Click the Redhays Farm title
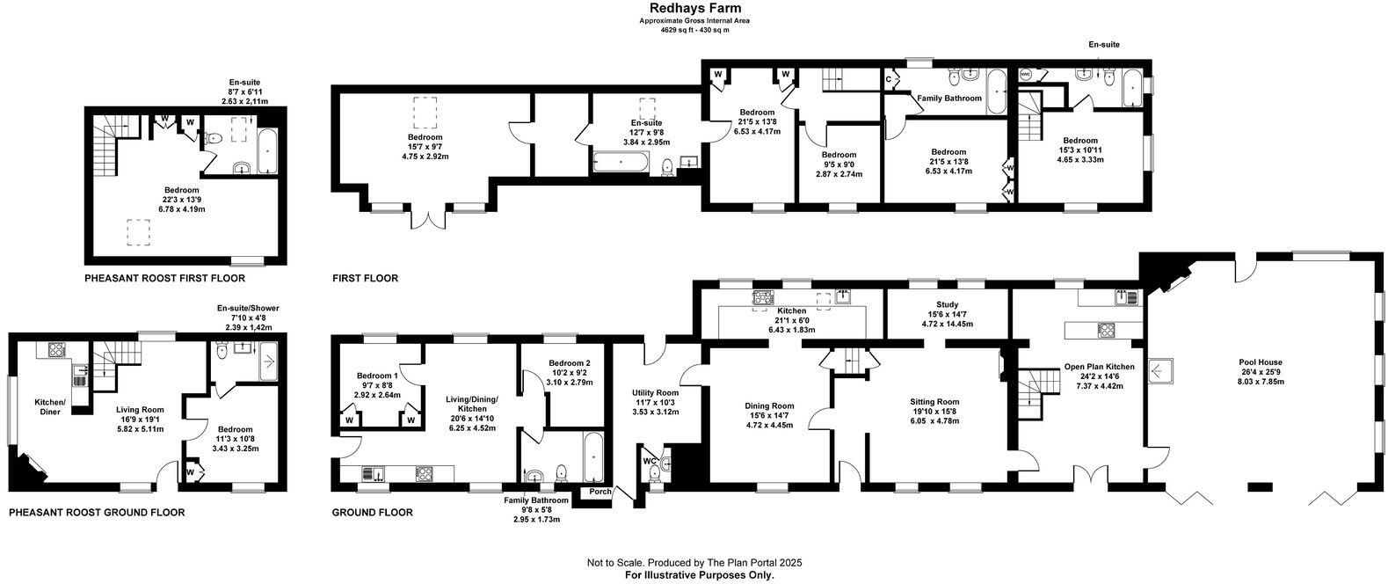pyautogui.click(x=694, y=8)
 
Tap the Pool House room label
pyautogui.click(x=1260, y=361)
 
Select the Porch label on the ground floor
pyautogui.click(x=600, y=492)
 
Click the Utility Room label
pyautogui.click(x=655, y=393)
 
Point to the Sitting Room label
pyautogui.click(x=934, y=402)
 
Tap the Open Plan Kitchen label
pyautogui.click(x=1099, y=367)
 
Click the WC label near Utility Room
pyautogui.click(x=648, y=460)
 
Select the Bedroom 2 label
pyautogui.click(x=569, y=363)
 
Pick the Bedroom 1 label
pyautogui.click(x=376, y=376)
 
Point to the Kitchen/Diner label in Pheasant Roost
pyautogui.click(x=49, y=406)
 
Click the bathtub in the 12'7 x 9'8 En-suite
pyautogui.click(x=622, y=162)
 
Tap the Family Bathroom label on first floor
pyautogui.click(x=949, y=99)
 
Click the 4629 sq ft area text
pyautogui.click(x=694, y=30)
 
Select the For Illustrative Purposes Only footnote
pyautogui.click(x=694, y=575)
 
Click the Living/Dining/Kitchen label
pyautogui.click(x=473, y=408)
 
